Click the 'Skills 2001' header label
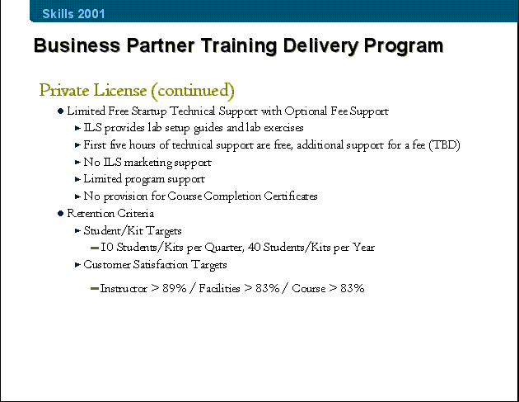tap(73, 13)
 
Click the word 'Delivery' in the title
tap(320, 45)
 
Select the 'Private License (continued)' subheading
tap(137, 91)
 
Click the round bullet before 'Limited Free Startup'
tap(60, 111)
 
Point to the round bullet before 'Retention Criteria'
tap(60, 213)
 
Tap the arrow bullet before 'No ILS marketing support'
tap(77, 162)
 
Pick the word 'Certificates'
tap(291, 196)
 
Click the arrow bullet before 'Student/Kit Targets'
tap(77, 230)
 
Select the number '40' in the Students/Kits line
tap(254, 247)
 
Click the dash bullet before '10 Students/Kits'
tap(95, 248)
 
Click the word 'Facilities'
tap(219, 288)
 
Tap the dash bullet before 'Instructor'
tap(95, 289)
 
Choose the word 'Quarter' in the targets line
tap(223, 248)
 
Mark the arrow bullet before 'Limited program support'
tap(77, 179)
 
